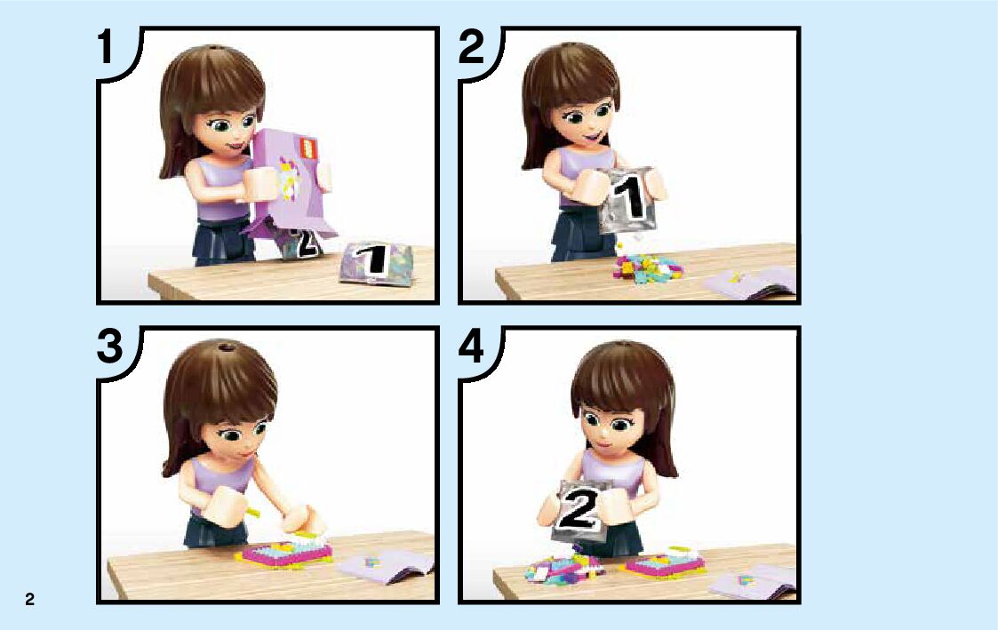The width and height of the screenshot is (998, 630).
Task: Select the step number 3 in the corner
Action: pos(109,347)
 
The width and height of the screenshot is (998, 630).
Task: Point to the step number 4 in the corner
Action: pos(472,347)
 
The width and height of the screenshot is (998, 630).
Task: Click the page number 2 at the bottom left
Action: pos(29,599)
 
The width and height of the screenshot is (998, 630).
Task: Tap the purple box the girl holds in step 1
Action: pos(290,181)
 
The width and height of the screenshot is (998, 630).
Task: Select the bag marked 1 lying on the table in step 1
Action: pos(377,263)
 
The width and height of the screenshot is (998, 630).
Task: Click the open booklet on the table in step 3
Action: pos(386,565)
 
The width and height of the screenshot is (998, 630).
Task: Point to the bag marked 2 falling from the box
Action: pos(301,243)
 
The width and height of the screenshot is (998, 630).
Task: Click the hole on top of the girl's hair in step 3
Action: pos(224,347)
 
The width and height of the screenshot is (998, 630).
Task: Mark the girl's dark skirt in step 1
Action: pos(224,241)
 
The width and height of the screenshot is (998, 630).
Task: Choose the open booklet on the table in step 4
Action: pos(751,582)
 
